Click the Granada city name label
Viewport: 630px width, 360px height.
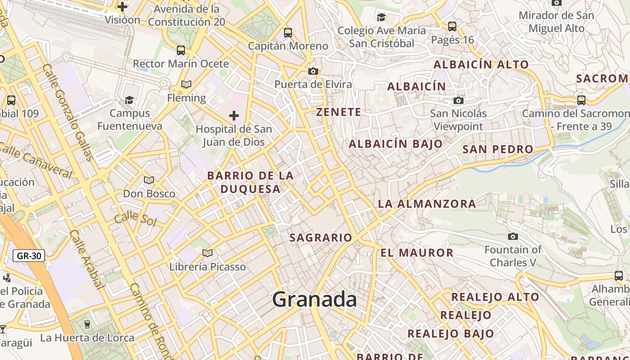tap(315, 300)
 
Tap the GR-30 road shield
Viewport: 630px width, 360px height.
tap(29, 256)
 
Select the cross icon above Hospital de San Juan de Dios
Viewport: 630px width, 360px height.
tap(234, 116)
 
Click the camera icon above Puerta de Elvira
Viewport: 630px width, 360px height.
tap(313, 71)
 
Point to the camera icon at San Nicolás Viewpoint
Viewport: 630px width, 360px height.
tap(459, 100)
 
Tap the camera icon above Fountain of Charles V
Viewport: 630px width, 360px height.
tap(513, 236)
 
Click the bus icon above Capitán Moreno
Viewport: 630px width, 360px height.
tap(288, 32)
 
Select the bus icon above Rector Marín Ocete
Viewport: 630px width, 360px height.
tap(180, 50)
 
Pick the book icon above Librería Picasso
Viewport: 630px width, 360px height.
tap(207, 253)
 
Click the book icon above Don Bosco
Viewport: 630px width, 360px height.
tap(149, 180)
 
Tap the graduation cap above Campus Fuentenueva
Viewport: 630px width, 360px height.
tap(130, 99)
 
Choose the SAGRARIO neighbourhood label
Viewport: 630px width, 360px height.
tap(321, 238)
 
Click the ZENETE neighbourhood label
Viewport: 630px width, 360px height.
tap(338, 112)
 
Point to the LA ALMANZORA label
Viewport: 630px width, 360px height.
tap(427, 204)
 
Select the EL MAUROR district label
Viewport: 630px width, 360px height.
tap(417, 253)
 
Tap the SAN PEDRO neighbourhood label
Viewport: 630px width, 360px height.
tap(498, 149)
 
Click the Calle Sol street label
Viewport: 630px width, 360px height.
tap(135, 219)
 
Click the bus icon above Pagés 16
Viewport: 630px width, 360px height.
tap(452, 27)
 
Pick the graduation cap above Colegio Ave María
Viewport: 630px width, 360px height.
tap(381, 17)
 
